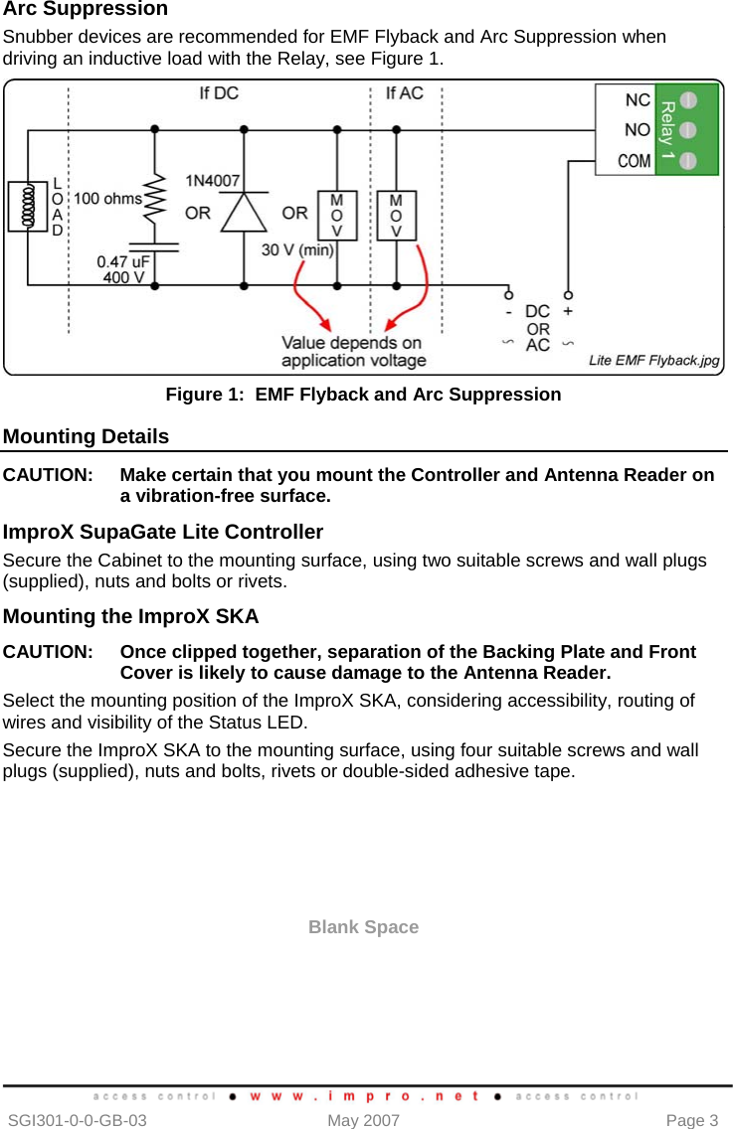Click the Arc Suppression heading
tap(86, 10)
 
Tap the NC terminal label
tap(638, 100)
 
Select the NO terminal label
tap(638, 130)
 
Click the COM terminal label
tap(634, 160)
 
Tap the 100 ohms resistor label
tap(107, 199)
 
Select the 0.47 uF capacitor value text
tap(122, 261)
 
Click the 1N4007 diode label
tap(212, 180)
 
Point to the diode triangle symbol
tap(244, 212)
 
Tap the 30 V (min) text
tap(297, 250)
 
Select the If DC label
tap(219, 94)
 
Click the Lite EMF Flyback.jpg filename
tap(653, 361)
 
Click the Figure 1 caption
tap(363, 395)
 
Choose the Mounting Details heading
tap(87, 436)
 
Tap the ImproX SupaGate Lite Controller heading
tap(163, 532)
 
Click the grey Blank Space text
tap(363, 927)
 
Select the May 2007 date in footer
tap(363, 1120)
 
